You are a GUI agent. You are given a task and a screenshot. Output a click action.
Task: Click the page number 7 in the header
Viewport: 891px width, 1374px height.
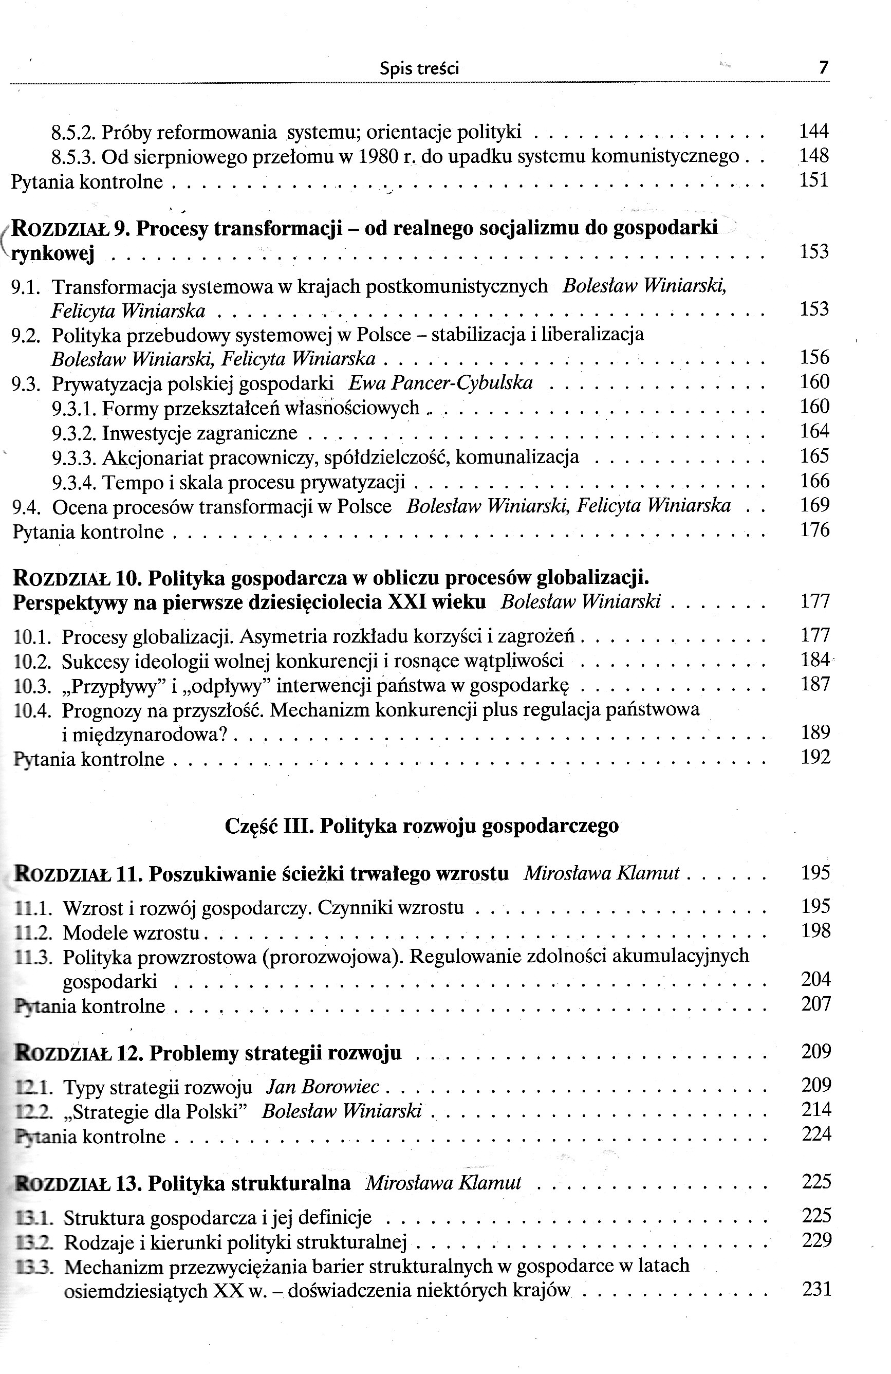(824, 68)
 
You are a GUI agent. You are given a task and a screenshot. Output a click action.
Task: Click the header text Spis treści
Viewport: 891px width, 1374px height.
(419, 69)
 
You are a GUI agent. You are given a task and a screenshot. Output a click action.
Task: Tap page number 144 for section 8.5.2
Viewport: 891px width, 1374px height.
(813, 132)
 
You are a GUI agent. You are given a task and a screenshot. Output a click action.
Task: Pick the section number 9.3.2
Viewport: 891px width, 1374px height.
(75, 433)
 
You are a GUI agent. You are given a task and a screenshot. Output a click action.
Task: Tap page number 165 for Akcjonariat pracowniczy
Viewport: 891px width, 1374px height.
(814, 456)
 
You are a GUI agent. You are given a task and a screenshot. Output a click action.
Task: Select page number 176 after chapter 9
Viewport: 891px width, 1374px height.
(814, 530)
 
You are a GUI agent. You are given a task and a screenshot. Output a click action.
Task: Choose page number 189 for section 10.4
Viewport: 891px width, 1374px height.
(815, 732)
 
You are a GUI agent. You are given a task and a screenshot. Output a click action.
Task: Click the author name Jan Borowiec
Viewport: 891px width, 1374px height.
(322, 1087)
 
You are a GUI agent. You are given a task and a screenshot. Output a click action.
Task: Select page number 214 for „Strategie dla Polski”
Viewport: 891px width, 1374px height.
(816, 1110)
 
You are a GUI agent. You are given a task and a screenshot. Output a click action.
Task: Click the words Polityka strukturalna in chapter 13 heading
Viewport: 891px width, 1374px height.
(249, 1183)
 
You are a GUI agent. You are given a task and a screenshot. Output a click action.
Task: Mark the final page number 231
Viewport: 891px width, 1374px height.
(816, 1289)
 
